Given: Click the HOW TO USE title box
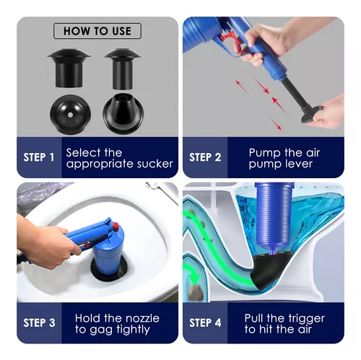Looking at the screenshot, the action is tap(97, 31).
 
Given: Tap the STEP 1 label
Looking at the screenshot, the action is tap(39, 157).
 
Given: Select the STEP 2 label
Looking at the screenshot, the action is tap(205, 157).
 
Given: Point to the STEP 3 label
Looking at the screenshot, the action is tap(39, 322).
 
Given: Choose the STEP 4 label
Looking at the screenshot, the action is tap(205, 322).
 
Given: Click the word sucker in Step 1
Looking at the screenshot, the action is tap(155, 164).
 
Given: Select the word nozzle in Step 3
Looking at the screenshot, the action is tap(143, 318).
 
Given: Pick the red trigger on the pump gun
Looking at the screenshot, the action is tap(232, 43).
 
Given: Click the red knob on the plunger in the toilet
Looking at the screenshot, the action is tap(116, 226).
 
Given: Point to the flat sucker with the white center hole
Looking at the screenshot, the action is tap(70, 115).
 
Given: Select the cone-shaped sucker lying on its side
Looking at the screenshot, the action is tap(123, 113).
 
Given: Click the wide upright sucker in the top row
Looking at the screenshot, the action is tap(69, 68).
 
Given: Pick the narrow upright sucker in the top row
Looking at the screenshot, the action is tap(123, 69).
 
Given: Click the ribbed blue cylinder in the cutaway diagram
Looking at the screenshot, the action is tap(274, 216).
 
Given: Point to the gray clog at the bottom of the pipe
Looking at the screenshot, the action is tap(195, 293).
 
